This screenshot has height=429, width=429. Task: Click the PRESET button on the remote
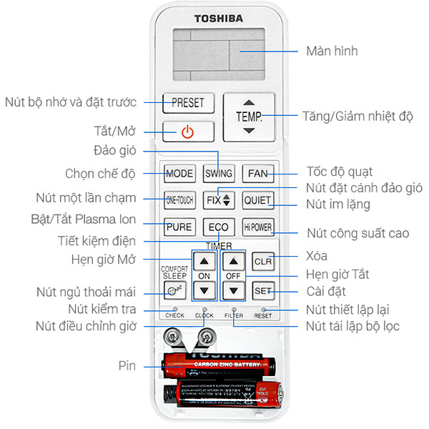tap(187, 102)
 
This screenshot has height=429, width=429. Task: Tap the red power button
tap(187, 132)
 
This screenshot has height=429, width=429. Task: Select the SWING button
tap(218, 173)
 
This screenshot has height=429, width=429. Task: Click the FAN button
tap(257, 173)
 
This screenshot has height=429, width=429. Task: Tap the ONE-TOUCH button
tap(179, 199)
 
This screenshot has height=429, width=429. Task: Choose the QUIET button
tap(257, 200)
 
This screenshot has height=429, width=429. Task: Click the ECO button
tap(218, 227)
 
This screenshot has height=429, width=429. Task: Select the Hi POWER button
tap(257, 227)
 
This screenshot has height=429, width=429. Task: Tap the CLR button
tap(263, 262)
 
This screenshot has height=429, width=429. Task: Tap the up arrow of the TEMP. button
tap(248, 102)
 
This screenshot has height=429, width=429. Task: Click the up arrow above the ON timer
tap(205, 262)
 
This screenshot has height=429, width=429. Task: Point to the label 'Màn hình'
tap(331, 51)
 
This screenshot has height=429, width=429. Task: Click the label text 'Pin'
tap(128, 365)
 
